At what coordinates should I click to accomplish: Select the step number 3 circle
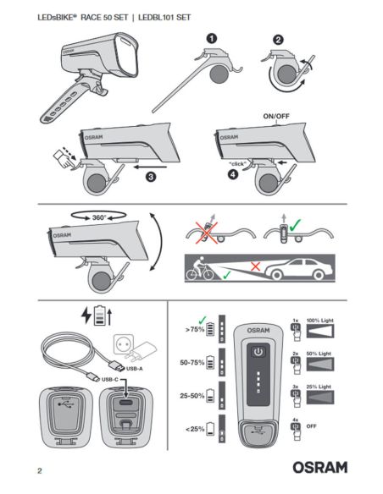(x=150, y=176)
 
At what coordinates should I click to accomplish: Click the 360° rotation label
(x=100, y=217)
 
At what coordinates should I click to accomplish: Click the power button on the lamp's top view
(x=257, y=350)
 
